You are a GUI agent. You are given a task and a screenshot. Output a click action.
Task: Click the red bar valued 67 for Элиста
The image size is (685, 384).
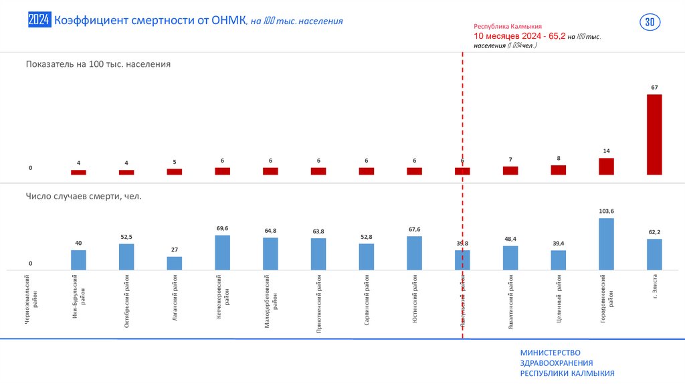click(x=654, y=134)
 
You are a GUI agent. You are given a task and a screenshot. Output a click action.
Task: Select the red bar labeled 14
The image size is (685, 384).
click(x=606, y=167)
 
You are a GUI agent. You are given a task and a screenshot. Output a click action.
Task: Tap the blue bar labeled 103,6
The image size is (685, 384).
click(x=606, y=244)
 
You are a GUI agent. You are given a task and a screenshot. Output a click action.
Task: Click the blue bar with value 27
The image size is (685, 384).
click(x=175, y=263)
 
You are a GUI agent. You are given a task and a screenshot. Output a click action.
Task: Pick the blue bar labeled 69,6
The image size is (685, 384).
click(x=223, y=252)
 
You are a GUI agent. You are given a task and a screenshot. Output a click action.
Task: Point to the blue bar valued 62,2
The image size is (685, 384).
click(x=654, y=254)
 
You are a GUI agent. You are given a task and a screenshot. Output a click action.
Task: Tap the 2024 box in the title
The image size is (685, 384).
click(x=39, y=21)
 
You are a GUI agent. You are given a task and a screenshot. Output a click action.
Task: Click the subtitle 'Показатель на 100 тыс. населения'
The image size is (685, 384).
click(x=98, y=64)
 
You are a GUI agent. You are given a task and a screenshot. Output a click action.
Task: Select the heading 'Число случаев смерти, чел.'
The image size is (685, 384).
click(x=84, y=196)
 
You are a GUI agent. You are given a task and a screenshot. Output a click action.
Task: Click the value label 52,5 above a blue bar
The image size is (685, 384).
click(x=126, y=237)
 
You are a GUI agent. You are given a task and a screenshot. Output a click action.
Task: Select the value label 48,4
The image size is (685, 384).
click(x=510, y=239)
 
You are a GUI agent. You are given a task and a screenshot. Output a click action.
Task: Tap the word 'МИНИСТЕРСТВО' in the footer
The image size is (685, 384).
click(x=550, y=353)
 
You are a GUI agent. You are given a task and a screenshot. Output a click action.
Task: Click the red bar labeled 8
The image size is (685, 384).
click(x=558, y=170)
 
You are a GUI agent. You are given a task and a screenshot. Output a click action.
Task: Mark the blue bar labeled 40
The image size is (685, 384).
click(x=78, y=260)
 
